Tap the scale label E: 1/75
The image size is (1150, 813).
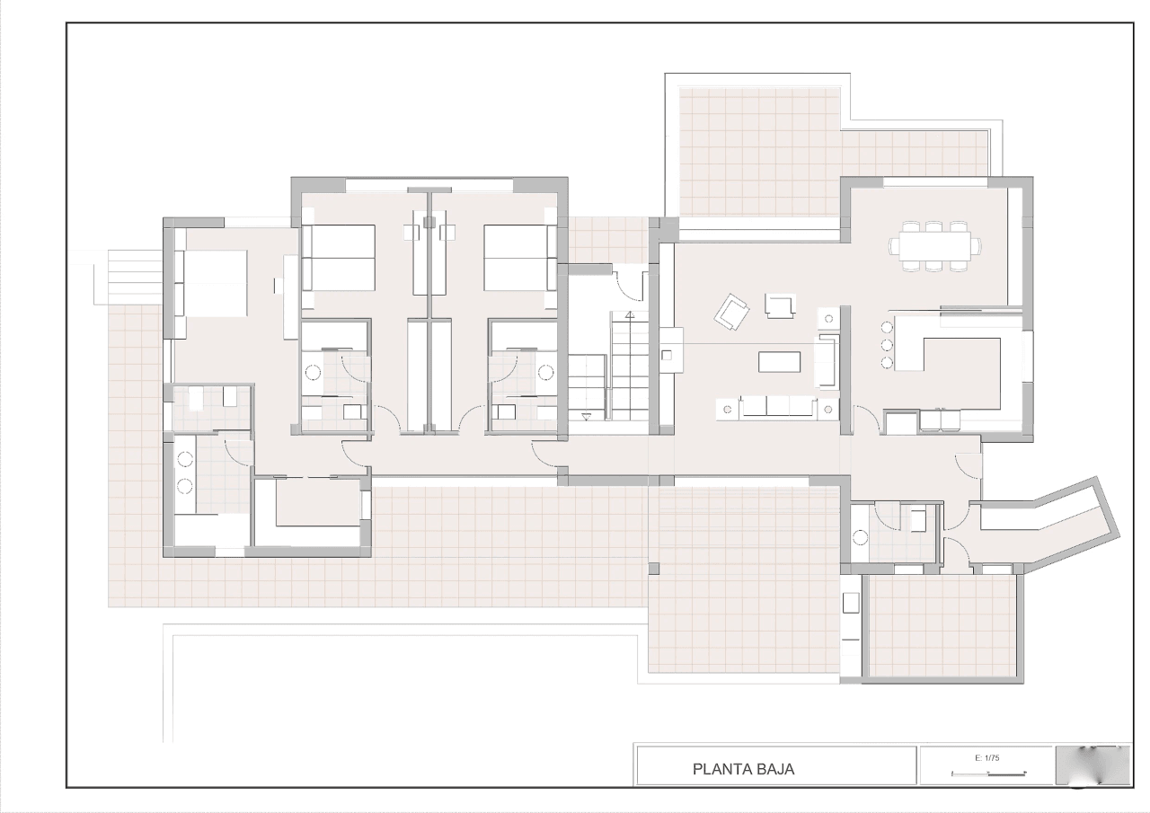tap(986, 758)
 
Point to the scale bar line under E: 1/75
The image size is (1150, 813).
tap(989, 773)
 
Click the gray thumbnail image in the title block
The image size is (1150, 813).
tap(1093, 764)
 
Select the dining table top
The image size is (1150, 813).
tap(935, 246)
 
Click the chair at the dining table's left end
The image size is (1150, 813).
tap(894, 246)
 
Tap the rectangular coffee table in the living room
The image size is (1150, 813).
tap(779, 361)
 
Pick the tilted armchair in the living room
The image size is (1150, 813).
tap(731, 312)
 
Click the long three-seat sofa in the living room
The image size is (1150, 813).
tap(778, 407)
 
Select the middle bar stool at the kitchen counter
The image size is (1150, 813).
tap(887, 344)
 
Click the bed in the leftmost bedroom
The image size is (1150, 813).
tap(211, 283)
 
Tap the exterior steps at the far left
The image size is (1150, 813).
tap(128, 277)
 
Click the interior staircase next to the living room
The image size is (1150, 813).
tap(608, 372)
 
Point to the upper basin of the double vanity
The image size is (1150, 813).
tap(185, 459)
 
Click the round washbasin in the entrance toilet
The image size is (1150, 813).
tap(860, 538)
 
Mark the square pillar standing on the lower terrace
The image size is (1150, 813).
tap(653, 569)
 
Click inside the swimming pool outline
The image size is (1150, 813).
tap(401, 688)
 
